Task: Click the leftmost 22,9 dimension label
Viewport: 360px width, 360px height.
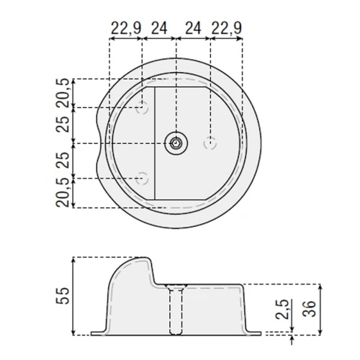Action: click(x=126, y=29)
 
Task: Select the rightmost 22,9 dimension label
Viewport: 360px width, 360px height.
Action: click(x=226, y=29)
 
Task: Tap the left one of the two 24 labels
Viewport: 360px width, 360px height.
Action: click(x=159, y=29)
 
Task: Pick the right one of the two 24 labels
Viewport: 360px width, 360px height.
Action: click(x=193, y=29)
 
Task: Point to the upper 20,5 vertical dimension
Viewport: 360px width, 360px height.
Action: click(x=63, y=93)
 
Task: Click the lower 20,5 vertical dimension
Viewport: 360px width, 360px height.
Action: click(x=63, y=193)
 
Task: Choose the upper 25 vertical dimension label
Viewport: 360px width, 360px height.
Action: click(x=63, y=125)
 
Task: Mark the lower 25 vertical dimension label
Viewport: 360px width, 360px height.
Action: click(x=63, y=160)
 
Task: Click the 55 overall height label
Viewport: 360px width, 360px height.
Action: click(x=63, y=296)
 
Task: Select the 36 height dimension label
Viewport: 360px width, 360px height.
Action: click(x=310, y=308)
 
